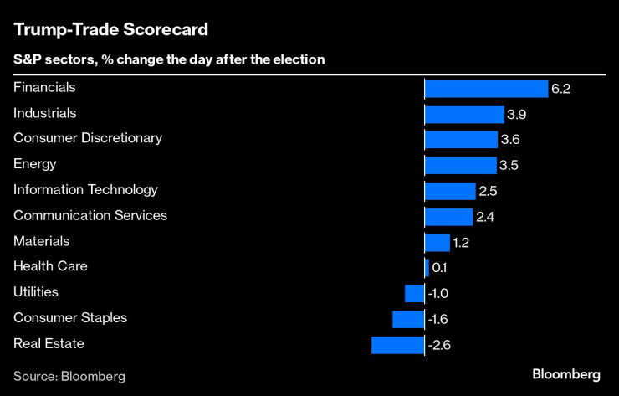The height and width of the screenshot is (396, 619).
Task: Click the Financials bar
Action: click(486, 88)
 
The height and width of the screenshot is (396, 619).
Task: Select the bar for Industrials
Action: click(464, 114)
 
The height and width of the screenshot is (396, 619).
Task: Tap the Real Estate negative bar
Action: click(398, 344)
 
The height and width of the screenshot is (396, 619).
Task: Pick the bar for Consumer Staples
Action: click(408, 319)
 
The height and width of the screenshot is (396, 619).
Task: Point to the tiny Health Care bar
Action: click(427, 268)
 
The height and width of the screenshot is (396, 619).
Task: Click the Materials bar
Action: click(437, 242)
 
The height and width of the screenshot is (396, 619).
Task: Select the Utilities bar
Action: click(414, 293)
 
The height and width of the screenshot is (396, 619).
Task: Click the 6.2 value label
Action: click(560, 89)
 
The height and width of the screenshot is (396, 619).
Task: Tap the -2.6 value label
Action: click(439, 345)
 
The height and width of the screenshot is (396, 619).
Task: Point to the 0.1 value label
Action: click(440, 268)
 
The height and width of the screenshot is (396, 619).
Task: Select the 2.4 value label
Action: click(485, 217)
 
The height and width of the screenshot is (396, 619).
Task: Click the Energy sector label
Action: click(34, 164)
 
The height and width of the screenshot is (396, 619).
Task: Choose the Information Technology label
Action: click(85, 190)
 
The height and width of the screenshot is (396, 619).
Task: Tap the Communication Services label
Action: click(90, 215)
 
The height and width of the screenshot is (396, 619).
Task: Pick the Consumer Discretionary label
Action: click(88, 138)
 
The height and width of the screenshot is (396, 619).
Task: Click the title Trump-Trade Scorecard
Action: click(110, 29)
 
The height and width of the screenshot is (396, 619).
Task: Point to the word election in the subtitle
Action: click(300, 60)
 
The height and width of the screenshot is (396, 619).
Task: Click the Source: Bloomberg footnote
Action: click(69, 376)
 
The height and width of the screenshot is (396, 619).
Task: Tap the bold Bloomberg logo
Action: click(566, 374)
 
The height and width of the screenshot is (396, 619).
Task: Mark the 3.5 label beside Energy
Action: click(509, 165)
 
